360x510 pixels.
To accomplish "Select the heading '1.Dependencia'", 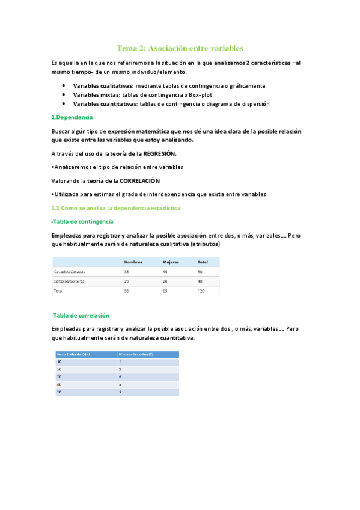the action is [x=73, y=117].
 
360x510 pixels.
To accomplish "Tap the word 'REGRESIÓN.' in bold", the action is [x=160, y=153].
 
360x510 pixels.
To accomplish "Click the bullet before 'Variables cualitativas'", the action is [x=64, y=86].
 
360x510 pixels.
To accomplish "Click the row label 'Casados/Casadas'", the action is [x=70, y=272].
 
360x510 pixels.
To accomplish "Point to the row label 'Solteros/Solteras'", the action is [x=70, y=281].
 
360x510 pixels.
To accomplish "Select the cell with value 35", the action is [x=127, y=272].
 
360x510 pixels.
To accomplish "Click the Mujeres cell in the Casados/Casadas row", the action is [x=166, y=272].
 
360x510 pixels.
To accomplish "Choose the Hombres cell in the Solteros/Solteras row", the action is [x=127, y=281].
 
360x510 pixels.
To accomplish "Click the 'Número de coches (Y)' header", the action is [x=136, y=354].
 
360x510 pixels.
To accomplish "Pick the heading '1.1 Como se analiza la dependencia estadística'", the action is [x=116, y=207].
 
